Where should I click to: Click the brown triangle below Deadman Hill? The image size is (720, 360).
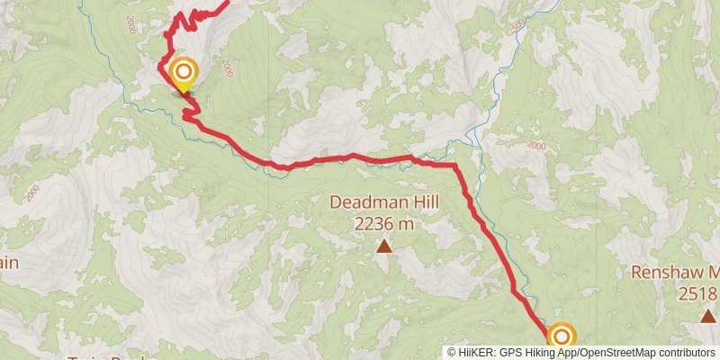tap(384, 246)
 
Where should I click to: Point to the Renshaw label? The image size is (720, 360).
tap(661, 272)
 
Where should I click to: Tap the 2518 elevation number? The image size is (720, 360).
tap(698, 292)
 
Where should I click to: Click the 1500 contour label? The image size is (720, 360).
tap(517, 27)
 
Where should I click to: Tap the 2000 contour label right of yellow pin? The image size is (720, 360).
tap(227, 69)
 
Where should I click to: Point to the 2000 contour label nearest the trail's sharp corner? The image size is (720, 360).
tap(536, 145)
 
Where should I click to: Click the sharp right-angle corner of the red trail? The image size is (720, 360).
tap(455, 166)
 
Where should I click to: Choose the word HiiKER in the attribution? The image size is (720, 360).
tap(477, 353)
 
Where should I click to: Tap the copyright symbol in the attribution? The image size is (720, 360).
tap(452, 353)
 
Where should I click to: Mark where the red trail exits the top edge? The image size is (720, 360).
tap(225, 2)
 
